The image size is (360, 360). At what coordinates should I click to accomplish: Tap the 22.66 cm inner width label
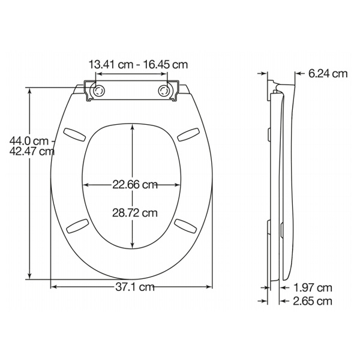[x=135, y=185]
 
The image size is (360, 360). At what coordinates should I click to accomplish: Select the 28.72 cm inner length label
[x=135, y=212]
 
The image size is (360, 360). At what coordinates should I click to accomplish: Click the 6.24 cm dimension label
[x=328, y=74]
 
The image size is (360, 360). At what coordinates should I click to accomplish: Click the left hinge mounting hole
[x=98, y=90]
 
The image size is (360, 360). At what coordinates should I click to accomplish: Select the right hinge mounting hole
[x=165, y=90]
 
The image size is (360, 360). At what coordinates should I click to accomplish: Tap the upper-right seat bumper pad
[x=188, y=133]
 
